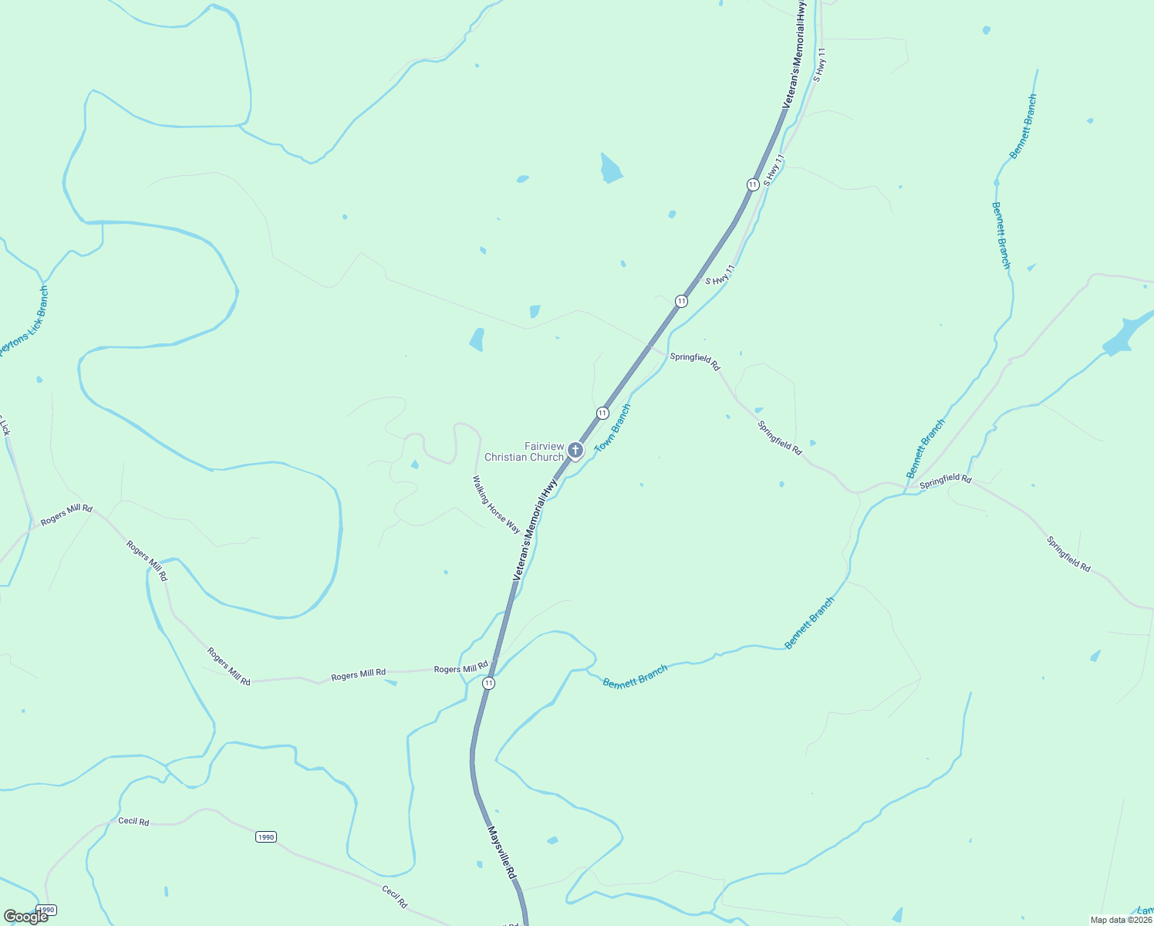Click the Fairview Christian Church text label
click(x=524, y=451)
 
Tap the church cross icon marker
click(x=575, y=450)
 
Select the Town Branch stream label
click(x=612, y=428)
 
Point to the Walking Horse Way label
click(x=496, y=504)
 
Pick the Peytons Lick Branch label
click(x=23, y=321)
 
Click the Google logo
click(x=25, y=917)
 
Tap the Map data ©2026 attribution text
click(x=1121, y=920)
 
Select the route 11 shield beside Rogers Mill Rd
click(x=488, y=683)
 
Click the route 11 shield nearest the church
click(x=602, y=414)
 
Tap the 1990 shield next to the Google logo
click(x=46, y=911)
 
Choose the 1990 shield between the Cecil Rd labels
click(x=265, y=836)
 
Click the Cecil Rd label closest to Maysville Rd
click(x=394, y=896)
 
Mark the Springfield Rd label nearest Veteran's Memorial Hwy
click(x=694, y=360)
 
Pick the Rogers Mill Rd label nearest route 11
click(x=461, y=668)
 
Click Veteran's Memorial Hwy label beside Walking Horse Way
click(x=535, y=530)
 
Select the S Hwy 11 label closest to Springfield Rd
click(x=720, y=276)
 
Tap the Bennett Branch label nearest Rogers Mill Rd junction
click(x=635, y=678)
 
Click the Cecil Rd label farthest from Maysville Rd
click(x=133, y=821)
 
